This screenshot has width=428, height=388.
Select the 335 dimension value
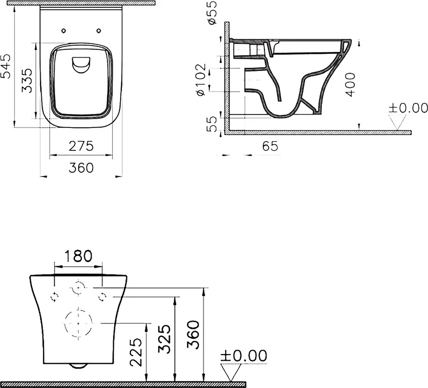coord(27,81)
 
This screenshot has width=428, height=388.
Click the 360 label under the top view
coord(81,168)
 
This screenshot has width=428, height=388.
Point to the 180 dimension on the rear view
coord(78,256)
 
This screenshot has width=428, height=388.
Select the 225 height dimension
coord(136,352)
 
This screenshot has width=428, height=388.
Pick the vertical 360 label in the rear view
coord(193,335)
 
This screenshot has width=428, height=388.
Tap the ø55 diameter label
coord(212,13)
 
